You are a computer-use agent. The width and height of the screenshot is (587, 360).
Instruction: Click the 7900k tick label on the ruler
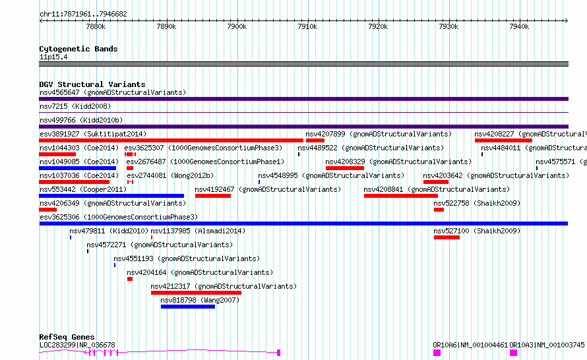pyautogui.click(x=237, y=26)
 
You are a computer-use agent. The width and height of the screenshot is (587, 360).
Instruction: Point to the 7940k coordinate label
pyautogui.click(x=519, y=26)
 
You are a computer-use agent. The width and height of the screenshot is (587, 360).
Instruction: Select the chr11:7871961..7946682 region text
pyautogui.click(x=84, y=15)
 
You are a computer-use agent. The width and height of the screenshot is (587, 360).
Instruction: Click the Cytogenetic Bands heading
pyautogui.click(x=78, y=49)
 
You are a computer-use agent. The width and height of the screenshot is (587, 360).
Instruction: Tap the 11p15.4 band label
pyautogui.click(x=53, y=57)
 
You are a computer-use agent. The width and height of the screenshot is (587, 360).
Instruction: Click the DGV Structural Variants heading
pyautogui.click(x=92, y=84)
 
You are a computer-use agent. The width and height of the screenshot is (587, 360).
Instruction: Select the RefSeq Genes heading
pyautogui.click(x=67, y=337)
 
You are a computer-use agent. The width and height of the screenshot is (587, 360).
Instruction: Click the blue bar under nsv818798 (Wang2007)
pyautogui.click(x=188, y=307)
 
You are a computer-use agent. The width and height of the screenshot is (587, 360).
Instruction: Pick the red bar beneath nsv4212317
pyautogui.click(x=196, y=293)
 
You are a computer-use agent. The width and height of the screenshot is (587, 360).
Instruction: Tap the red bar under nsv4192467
pyautogui.click(x=213, y=196)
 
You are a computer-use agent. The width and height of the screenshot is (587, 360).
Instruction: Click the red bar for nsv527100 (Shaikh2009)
pyautogui.click(x=447, y=237)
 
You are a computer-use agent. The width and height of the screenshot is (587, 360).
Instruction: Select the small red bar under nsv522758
pyautogui.click(x=439, y=210)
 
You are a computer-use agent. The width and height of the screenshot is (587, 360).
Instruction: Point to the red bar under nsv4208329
pyautogui.click(x=345, y=168)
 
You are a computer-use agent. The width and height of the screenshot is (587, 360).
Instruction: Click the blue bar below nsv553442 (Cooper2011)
pyautogui.click(x=111, y=196)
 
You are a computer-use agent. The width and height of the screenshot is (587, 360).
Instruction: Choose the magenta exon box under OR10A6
pyautogui.click(x=437, y=353)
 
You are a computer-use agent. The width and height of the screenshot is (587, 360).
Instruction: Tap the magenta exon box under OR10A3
pyautogui.click(x=513, y=353)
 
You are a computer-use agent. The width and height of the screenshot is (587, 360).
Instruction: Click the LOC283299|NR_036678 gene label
pyautogui.click(x=77, y=345)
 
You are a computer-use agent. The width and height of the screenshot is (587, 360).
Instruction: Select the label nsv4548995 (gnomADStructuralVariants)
pyautogui.click(x=331, y=175)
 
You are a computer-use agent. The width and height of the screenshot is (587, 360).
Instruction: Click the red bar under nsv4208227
pyautogui.click(x=503, y=140)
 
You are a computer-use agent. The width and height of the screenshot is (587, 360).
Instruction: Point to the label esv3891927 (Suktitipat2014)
pyautogui.click(x=93, y=134)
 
